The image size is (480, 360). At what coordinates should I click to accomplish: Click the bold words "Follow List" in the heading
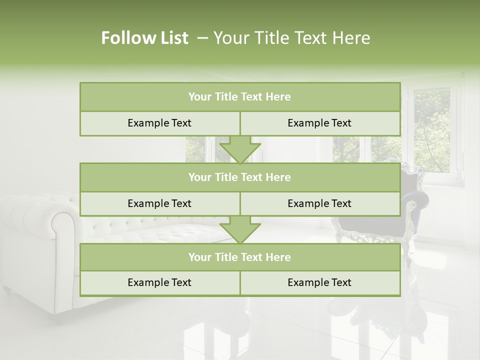pyautogui.click(x=144, y=38)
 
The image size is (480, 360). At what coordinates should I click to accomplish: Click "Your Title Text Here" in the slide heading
pyautogui.click(x=292, y=38)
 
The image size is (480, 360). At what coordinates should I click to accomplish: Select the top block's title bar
pyautogui.click(x=240, y=97)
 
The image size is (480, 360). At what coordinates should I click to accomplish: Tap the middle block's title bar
pyautogui.click(x=240, y=177)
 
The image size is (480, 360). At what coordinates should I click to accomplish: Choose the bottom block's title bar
pyautogui.click(x=240, y=257)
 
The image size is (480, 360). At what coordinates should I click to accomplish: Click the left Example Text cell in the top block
pyautogui.click(x=159, y=123)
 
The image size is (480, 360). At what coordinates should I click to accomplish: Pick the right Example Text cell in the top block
pyautogui.click(x=319, y=123)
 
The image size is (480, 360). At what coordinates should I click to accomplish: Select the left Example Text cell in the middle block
pyautogui.click(x=159, y=203)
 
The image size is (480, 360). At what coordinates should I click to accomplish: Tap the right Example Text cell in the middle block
pyautogui.click(x=319, y=203)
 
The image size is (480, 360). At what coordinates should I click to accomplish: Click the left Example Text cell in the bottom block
pyautogui.click(x=159, y=282)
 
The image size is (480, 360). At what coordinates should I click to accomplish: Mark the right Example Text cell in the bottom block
pyautogui.click(x=319, y=282)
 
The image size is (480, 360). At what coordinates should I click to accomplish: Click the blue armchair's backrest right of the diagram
pyautogui.click(x=410, y=190)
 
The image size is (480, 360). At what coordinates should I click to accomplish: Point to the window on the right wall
pyautogui.click(x=431, y=130)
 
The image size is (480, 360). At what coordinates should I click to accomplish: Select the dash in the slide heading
pyautogui.click(x=202, y=38)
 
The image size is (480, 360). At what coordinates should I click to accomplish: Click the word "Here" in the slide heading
pyautogui.click(x=353, y=38)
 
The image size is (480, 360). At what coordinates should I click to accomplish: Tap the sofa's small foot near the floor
pyautogui.click(x=6, y=290)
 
